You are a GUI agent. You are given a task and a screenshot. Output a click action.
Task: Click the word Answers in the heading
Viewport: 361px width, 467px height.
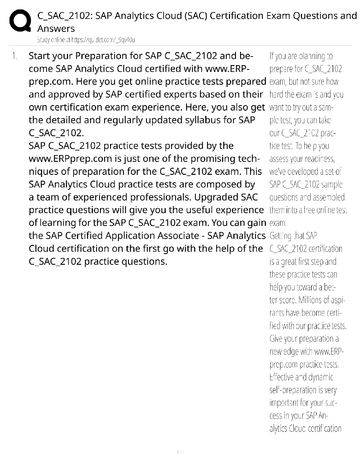pyautogui.click(x=56, y=29)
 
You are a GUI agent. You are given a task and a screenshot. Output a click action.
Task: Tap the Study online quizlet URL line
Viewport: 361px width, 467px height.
pyautogui.click(x=86, y=40)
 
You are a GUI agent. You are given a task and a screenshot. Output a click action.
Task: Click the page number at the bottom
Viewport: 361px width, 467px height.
pyautogui.click(x=180, y=452)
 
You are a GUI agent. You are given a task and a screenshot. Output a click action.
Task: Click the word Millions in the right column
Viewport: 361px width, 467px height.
pyautogui.click(x=310, y=300)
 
